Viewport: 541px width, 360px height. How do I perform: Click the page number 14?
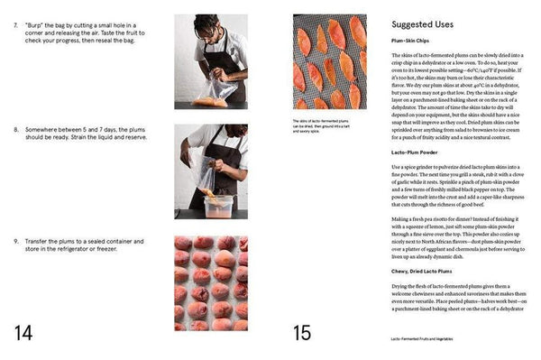click(x=23, y=332)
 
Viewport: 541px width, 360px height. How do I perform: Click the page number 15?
click(x=302, y=332)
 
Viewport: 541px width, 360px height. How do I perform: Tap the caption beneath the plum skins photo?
click(x=328, y=125)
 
